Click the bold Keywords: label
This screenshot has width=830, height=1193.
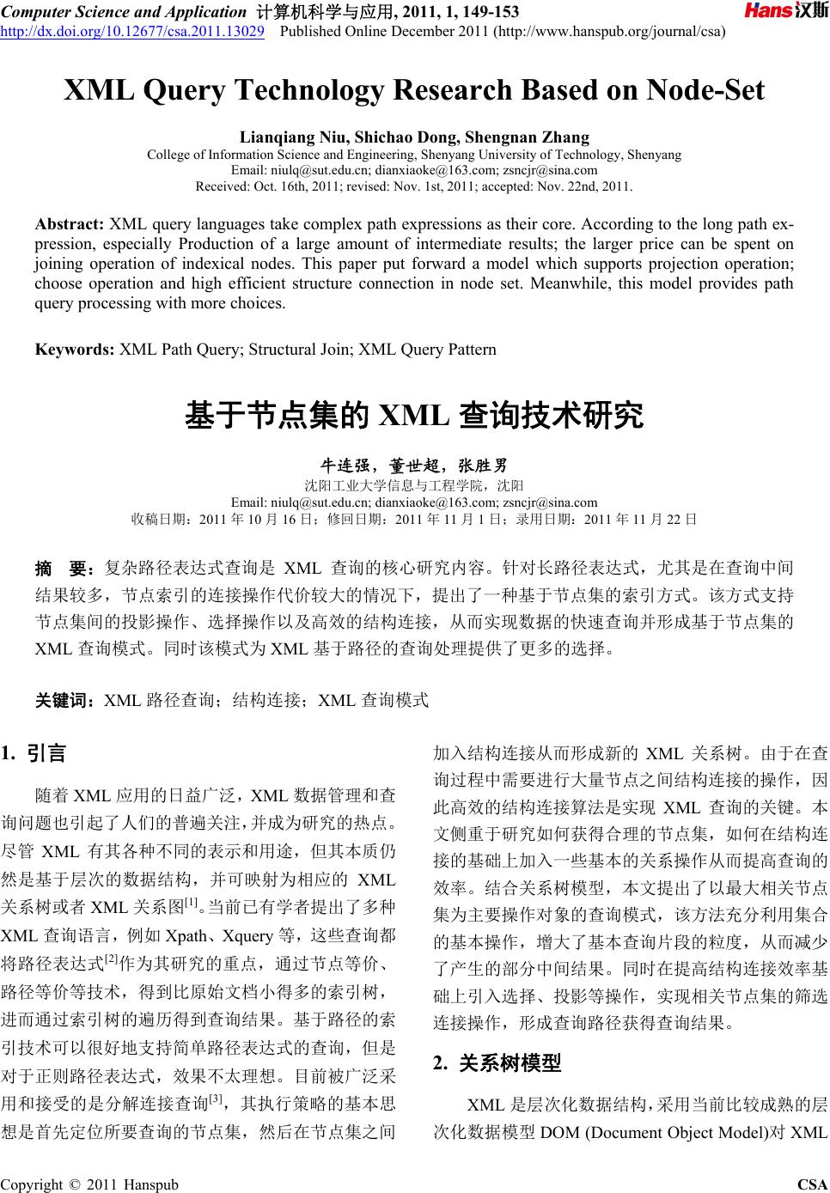pyautogui.click(x=74, y=350)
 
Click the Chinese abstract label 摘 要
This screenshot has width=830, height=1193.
pyautogui.click(x=64, y=569)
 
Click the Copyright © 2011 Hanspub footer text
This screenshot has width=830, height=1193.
pyautogui.click(x=90, y=1185)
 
